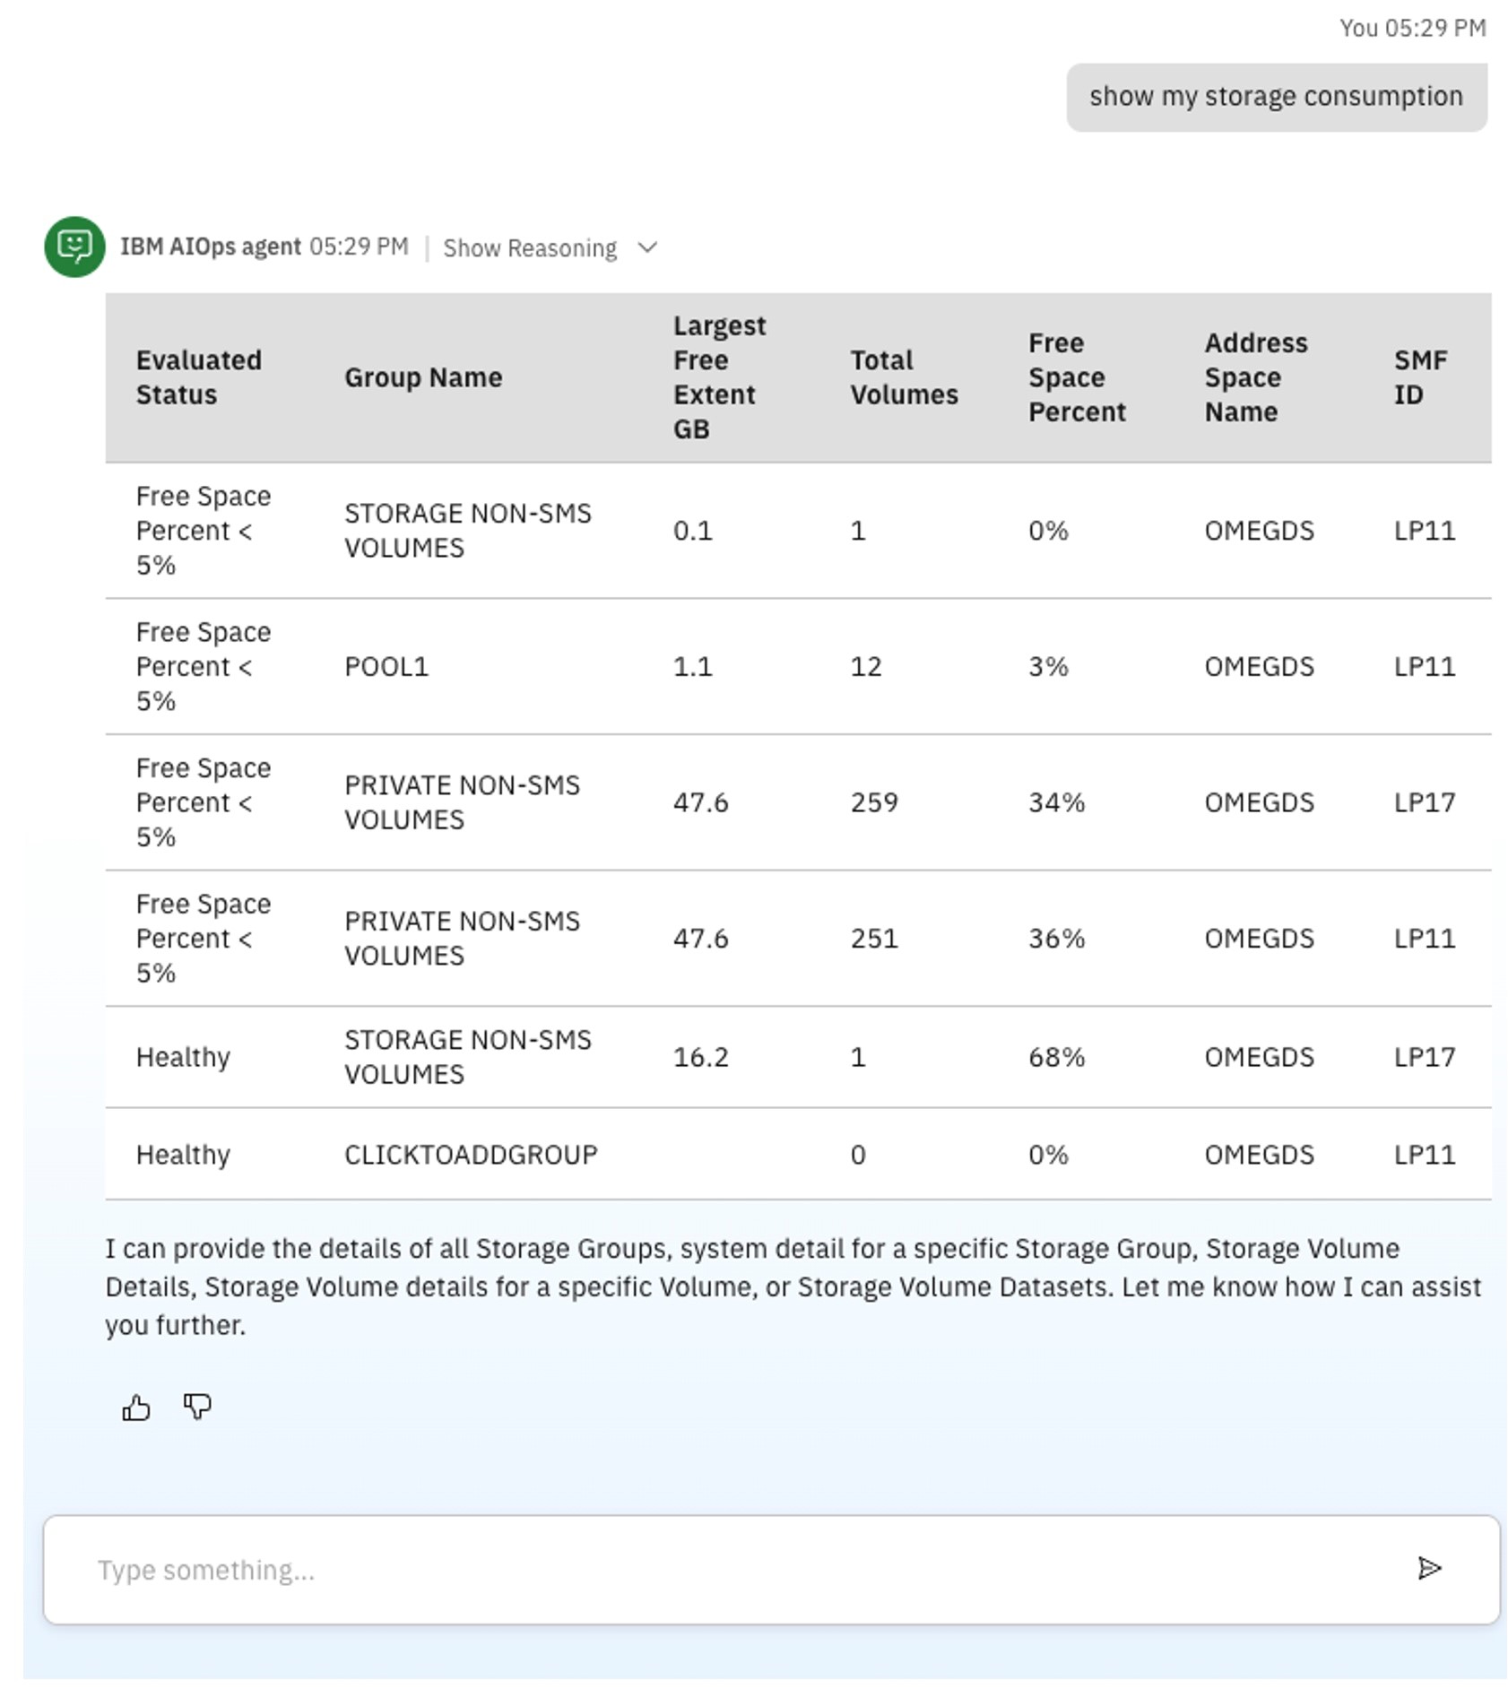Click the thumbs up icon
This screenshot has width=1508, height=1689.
(135, 1407)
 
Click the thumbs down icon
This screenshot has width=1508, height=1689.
(197, 1407)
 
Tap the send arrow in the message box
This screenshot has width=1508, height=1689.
(1428, 1568)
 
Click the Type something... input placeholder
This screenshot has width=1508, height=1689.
(206, 1570)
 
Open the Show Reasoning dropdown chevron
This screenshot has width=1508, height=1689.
(647, 247)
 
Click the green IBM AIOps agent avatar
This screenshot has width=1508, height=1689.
(74, 247)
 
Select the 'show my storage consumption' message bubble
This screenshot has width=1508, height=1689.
(1275, 97)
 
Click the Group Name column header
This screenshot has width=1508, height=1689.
(423, 377)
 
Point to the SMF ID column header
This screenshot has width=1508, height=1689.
(1419, 377)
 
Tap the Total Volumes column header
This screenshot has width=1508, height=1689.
(903, 377)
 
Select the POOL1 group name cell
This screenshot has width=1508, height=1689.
(386, 667)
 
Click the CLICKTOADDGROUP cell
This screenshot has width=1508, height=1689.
(471, 1155)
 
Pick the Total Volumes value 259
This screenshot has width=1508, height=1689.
(873, 802)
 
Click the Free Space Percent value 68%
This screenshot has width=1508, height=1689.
(1055, 1057)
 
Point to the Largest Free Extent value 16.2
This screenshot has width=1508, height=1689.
(700, 1057)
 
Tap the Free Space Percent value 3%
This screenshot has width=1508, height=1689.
(1047, 667)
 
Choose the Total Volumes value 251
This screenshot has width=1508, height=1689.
(873, 939)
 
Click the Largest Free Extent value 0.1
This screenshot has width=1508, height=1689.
(692, 531)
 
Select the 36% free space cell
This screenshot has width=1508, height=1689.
(1055, 939)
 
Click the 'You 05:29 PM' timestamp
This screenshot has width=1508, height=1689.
(1412, 29)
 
